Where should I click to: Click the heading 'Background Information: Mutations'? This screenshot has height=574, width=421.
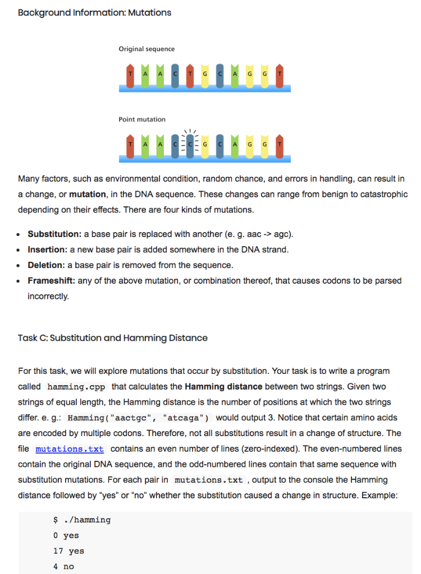click(94, 12)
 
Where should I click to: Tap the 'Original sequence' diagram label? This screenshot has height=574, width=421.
click(147, 49)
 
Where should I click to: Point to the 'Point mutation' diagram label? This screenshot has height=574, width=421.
click(142, 119)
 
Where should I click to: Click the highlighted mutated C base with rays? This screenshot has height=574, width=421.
click(190, 145)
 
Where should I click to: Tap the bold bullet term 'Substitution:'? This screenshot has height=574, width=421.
click(54, 233)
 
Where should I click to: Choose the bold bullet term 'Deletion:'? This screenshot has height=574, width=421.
click(47, 265)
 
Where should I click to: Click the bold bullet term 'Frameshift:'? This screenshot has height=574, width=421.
click(51, 280)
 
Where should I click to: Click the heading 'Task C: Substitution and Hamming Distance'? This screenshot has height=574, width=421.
click(112, 338)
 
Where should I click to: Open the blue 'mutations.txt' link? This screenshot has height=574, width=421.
click(70, 450)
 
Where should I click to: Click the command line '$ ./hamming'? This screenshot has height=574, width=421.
click(81, 520)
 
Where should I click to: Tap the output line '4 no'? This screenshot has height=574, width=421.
click(63, 566)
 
